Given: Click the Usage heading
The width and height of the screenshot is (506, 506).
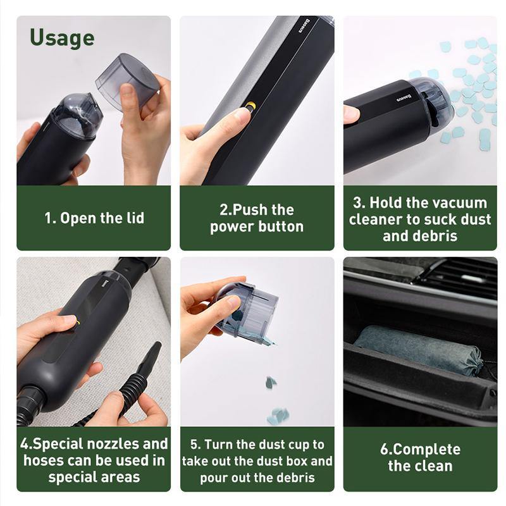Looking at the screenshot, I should click(62, 38).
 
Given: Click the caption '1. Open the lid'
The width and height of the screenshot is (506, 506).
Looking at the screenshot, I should click(94, 218).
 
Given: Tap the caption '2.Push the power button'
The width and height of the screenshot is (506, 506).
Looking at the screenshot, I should click(257, 218).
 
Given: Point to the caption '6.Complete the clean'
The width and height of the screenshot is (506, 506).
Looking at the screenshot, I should click(420, 457).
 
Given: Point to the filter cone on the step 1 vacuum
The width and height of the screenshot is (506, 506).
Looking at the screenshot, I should click(74, 114).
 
